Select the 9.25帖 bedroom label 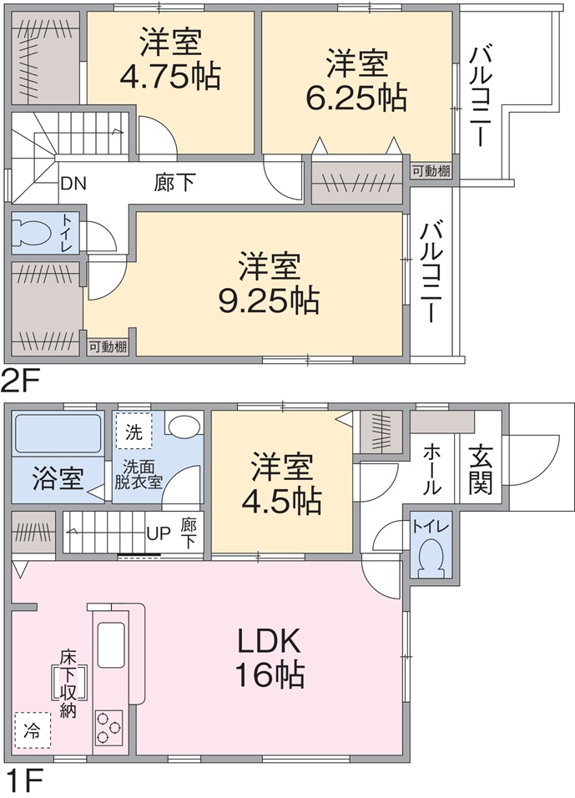coord(270,283)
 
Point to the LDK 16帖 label coord(270,659)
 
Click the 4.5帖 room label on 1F coord(281,483)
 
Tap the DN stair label coord(73,183)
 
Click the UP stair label coord(158,534)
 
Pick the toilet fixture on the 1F coord(431,558)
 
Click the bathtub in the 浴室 coord(58,433)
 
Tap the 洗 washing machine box coord(134,432)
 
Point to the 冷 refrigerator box coord(33,731)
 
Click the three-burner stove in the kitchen coord(108,728)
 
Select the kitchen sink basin coord(111,644)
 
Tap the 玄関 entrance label coord(481,469)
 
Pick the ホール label coord(432,469)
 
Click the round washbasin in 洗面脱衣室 coord(184,427)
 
